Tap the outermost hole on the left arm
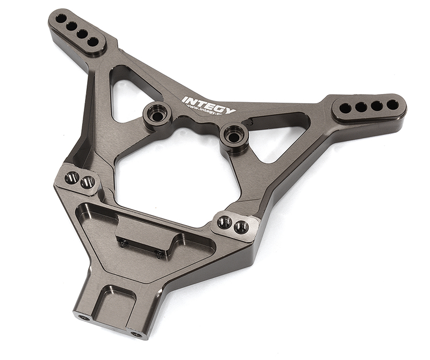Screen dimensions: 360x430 (61, 19)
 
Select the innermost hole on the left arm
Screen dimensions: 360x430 (93, 41)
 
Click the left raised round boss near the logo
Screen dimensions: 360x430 (157, 114)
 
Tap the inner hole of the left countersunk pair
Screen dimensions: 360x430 (88, 182)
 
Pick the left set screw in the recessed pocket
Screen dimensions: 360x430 (124, 243)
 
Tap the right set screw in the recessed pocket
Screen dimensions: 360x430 (160, 254)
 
